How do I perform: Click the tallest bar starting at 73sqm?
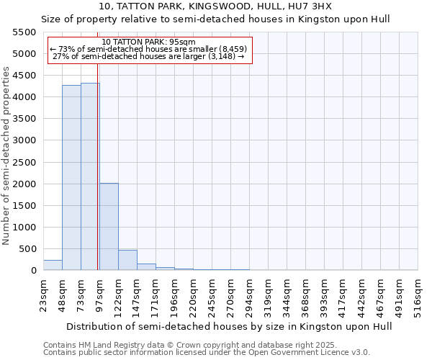pyautogui.click(x=90, y=176)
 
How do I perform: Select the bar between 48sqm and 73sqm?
pyautogui.click(x=71, y=178)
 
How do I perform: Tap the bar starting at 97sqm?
pyautogui.click(x=109, y=227)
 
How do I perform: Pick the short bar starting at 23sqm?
pyautogui.click(x=53, y=265)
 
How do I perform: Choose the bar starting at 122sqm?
pyautogui.click(x=127, y=260)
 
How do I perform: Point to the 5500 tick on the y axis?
pyautogui.click(x=24, y=32)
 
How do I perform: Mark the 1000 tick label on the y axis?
pyautogui.click(x=24, y=228)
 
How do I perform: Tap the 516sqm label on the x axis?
pyautogui.click(x=418, y=295)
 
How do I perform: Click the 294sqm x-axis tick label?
pyautogui.click(x=250, y=295)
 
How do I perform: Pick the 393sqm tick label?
pyautogui.click(x=325, y=295)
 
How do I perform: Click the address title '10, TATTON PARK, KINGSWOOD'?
pyautogui.click(x=216, y=6)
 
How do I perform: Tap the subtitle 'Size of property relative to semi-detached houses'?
pyautogui.click(x=216, y=19)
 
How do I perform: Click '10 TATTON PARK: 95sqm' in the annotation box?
pyautogui.click(x=149, y=42)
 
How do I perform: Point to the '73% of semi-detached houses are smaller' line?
pyautogui.click(x=149, y=49)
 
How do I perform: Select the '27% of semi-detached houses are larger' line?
pyautogui.click(x=149, y=56)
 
